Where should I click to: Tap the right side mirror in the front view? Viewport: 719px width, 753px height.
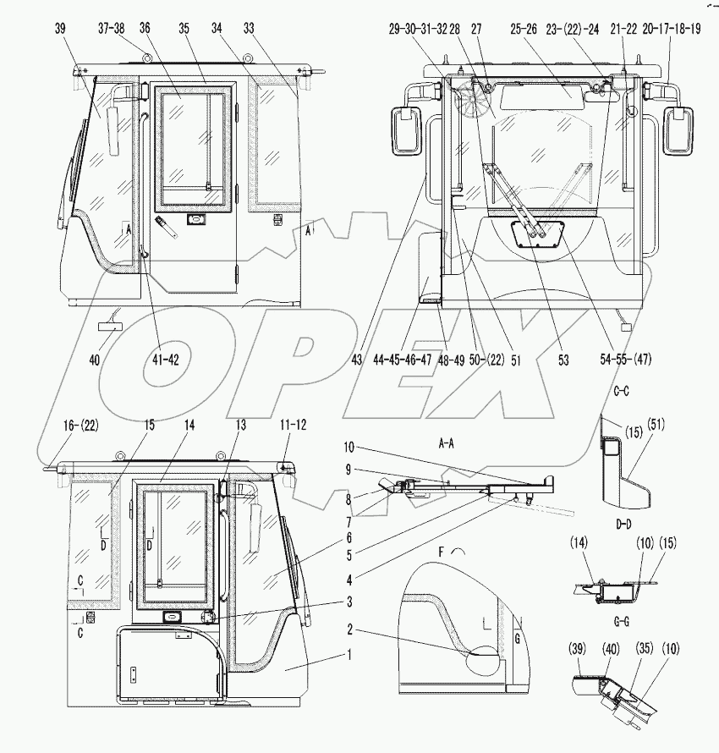(679, 129)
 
